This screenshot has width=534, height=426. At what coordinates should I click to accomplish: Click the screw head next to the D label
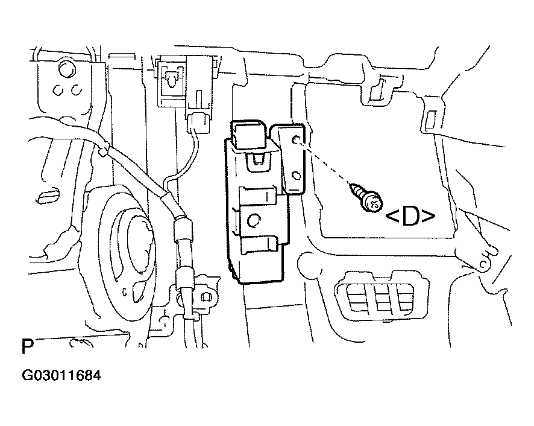(373, 204)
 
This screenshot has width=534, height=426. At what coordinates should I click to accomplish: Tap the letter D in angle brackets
(410, 216)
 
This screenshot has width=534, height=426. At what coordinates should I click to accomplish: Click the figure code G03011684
(61, 375)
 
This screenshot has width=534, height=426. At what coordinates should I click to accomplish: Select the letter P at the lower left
(28, 346)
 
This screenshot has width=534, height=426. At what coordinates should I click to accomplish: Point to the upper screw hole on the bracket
(297, 140)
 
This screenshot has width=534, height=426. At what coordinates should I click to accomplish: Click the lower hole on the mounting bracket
(297, 176)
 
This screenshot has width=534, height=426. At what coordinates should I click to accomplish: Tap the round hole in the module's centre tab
(253, 221)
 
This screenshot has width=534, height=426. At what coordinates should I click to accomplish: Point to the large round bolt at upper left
(67, 69)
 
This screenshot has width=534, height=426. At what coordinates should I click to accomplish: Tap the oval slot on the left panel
(48, 195)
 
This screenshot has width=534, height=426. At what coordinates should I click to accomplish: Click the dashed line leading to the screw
(325, 163)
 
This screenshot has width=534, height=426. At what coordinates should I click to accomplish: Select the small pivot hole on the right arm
(483, 264)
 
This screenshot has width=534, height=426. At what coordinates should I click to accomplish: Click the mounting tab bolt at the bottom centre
(206, 297)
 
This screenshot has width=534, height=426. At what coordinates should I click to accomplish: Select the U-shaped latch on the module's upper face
(259, 161)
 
